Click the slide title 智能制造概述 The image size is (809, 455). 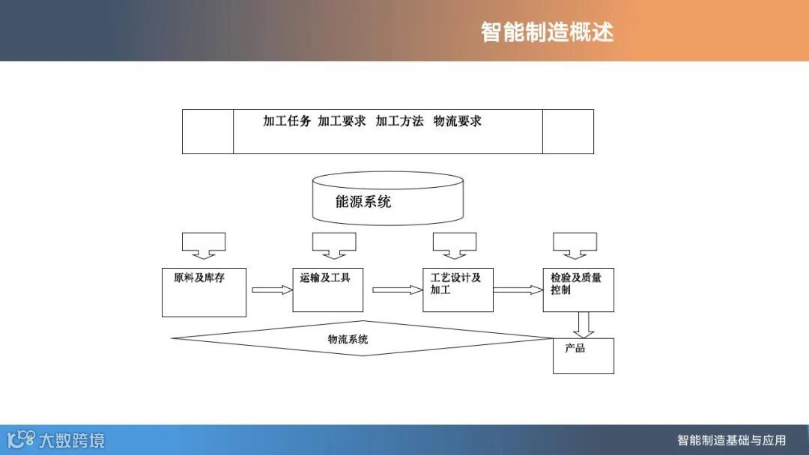tap(547, 32)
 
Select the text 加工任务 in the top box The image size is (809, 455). tap(287, 121)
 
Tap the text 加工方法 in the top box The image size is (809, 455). tap(399, 121)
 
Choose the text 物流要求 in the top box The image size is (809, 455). tap(457, 121)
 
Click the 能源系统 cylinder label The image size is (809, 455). tap(363, 201)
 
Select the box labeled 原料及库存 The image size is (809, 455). tap(204, 291)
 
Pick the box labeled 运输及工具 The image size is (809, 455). tap(327, 289)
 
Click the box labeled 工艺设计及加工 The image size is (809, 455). tap(458, 289)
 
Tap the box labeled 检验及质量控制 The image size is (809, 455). tap(578, 289)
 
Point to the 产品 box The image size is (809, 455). tap(583, 355)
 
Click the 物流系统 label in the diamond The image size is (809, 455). tap(348, 340)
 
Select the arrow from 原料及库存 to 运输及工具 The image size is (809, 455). tap(271, 290)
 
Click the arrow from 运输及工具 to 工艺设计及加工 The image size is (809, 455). tap(397, 290)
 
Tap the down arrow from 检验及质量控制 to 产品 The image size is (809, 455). tap(585, 324)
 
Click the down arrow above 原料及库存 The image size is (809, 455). tap(204, 244)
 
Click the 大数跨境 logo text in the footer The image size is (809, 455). tap(72, 440)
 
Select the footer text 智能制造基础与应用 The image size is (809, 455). tap(731, 440)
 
